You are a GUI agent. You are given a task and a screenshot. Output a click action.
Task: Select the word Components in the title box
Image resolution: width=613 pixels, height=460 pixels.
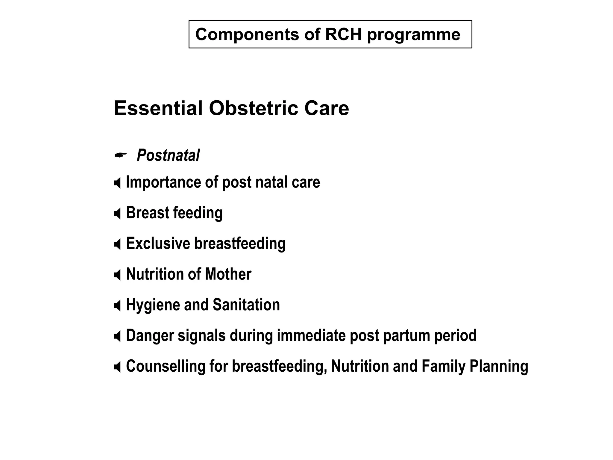pos(247,34)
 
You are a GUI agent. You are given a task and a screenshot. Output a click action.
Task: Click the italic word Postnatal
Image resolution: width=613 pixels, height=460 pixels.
pos(168,155)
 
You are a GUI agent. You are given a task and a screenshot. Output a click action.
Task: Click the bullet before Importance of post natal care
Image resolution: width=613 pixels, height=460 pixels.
pos(118,183)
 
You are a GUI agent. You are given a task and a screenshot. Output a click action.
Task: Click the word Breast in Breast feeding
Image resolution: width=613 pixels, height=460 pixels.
pos(148,213)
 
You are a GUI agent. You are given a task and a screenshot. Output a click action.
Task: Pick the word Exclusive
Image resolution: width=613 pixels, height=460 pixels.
pos(158,243)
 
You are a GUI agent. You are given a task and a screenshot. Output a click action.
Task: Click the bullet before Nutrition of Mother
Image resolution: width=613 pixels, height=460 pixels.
pos(118,275)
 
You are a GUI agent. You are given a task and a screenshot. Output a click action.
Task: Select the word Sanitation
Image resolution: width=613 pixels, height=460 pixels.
pos(246,305)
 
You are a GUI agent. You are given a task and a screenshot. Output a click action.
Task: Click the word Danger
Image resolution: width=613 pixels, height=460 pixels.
pos(150,335)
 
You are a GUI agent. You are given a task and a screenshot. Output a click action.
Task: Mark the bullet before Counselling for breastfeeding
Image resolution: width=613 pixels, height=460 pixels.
pos(118,367)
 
